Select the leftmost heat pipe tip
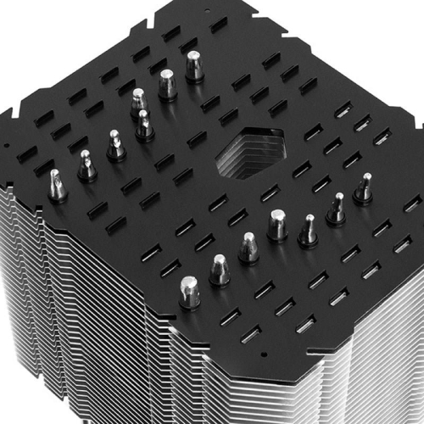(57, 185)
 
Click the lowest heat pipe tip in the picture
(189, 291)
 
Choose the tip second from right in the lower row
(337, 208)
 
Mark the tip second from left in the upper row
(86, 165)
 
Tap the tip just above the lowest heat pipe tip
(219, 269)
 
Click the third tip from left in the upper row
(116, 145)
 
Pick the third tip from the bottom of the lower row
(248, 247)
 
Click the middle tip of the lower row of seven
(277, 225)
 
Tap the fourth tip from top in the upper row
(144, 125)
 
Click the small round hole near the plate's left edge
(8, 145)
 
